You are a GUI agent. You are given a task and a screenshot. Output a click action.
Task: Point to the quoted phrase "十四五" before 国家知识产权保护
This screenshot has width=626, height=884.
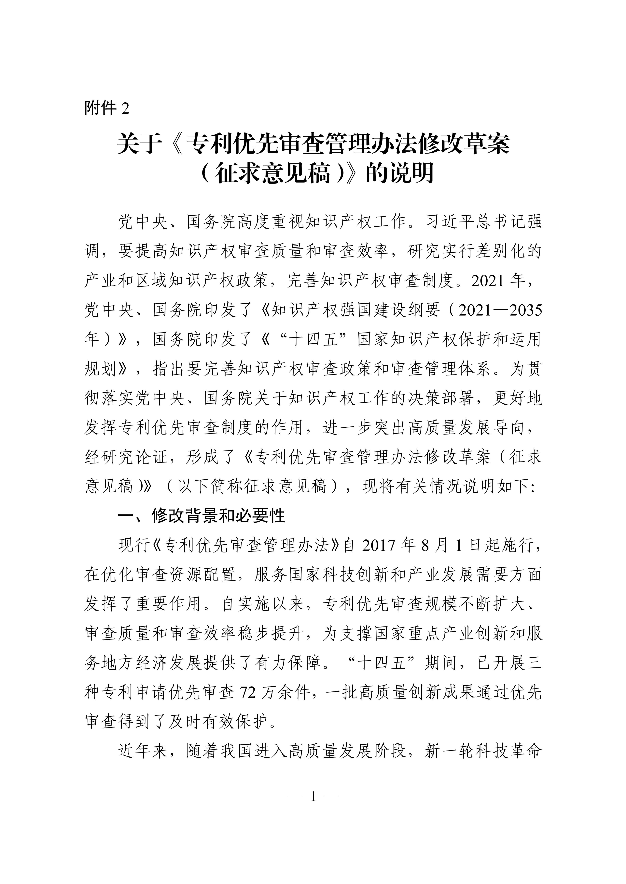pos(315,339)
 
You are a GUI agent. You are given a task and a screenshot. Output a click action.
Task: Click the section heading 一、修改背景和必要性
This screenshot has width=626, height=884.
pos(201,516)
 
